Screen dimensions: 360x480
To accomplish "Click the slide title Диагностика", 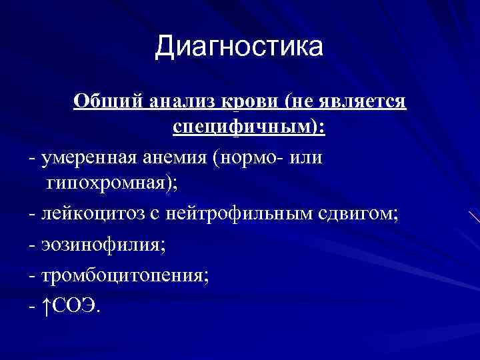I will (239, 47).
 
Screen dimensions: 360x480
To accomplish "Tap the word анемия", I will (173, 158).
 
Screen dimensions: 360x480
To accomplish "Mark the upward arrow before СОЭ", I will (46, 304).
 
